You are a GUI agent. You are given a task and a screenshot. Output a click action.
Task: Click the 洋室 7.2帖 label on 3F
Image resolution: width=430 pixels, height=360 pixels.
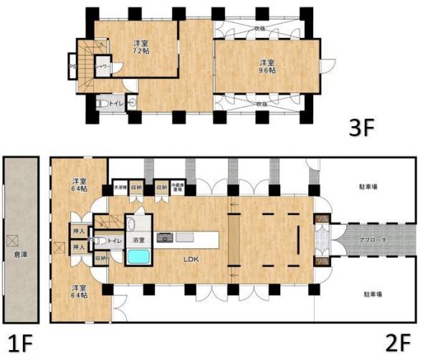[140, 47]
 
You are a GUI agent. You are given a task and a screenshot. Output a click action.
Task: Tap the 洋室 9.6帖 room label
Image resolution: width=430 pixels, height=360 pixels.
[267, 66]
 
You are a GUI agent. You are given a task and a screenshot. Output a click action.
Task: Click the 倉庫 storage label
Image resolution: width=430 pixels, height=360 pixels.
[21, 253]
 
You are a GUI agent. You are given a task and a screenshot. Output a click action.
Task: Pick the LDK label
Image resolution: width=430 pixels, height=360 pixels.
[190, 259]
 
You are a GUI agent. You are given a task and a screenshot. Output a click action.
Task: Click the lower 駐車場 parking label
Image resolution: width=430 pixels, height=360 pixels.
[368, 294]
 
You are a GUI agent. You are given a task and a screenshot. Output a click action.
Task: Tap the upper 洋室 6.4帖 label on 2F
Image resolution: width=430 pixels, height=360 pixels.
[79, 184]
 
